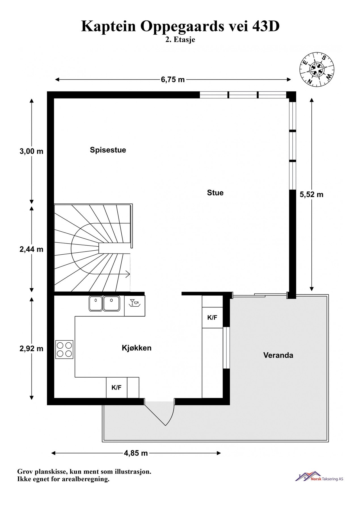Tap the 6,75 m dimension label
point(173,80)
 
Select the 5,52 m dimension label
point(311,194)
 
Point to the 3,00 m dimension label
point(31,151)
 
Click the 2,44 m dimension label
point(31,249)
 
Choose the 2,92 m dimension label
point(31,348)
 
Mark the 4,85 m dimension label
point(136,453)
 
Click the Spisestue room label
point(108,150)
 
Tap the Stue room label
point(215,193)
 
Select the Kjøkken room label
point(136,348)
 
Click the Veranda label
point(278,355)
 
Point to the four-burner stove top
point(64,349)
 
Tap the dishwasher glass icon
point(134,303)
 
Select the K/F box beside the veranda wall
point(212,318)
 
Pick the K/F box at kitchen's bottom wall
point(117,388)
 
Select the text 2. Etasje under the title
point(180,40)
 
